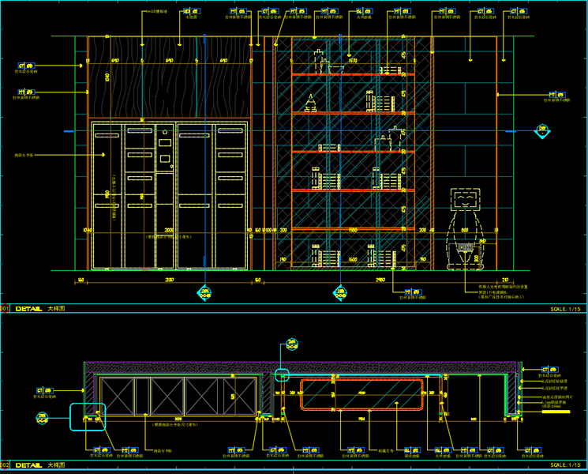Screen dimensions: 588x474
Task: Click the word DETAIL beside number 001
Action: tap(28, 309)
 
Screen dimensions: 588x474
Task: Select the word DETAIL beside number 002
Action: tap(28, 466)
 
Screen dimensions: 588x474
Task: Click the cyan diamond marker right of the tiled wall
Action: tap(542, 130)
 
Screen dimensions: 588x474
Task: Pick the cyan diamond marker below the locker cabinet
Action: tap(205, 292)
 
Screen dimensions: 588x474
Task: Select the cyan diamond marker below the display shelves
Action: tap(340, 292)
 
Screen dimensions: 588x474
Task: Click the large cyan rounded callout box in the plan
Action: tap(87, 416)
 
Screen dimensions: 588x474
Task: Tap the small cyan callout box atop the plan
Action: tap(283, 373)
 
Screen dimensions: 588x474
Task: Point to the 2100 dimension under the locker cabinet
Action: tap(169, 280)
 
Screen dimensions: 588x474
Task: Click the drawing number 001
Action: tap(5, 309)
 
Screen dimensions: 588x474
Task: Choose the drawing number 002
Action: tap(5, 466)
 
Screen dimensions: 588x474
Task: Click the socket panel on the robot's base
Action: tap(465, 248)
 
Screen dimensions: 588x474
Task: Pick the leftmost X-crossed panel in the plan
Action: tap(117, 395)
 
